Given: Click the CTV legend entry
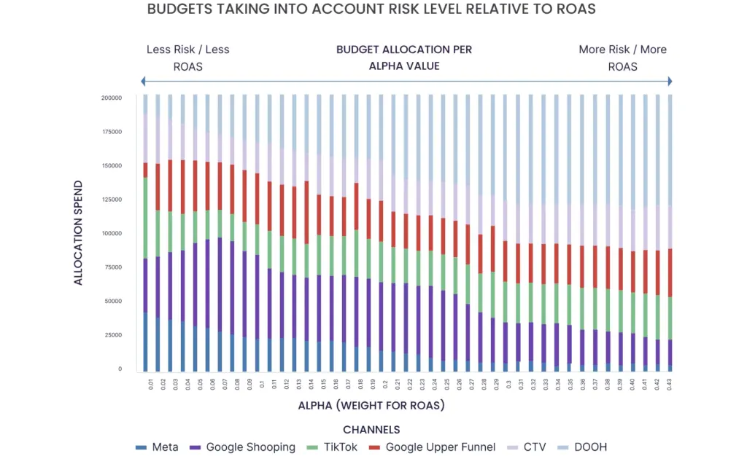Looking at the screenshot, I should pyautogui.click(x=533, y=447).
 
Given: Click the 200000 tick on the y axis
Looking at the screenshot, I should pyautogui.click(x=112, y=98).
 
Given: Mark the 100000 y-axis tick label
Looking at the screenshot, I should pyautogui.click(x=112, y=234).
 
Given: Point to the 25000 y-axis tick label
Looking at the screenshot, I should pyautogui.click(x=113, y=335).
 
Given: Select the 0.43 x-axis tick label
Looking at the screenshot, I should pyautogui.click(x=669, y=382).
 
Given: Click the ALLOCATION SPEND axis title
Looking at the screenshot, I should pyautogui.click(x=79, y=232).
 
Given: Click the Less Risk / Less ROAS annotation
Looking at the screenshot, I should pyautogui.click(x=187, y=58).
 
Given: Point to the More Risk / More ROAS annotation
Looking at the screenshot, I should pyautogui.click(x=622, y=58).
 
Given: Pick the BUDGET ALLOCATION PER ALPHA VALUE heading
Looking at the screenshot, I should pyautogui.click(x=403, y=58).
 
